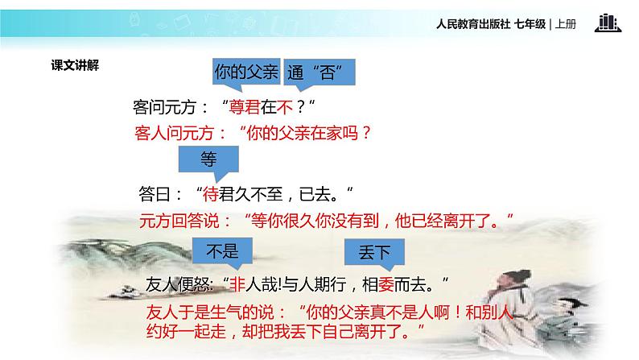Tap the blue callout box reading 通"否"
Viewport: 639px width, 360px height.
[319, 72]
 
